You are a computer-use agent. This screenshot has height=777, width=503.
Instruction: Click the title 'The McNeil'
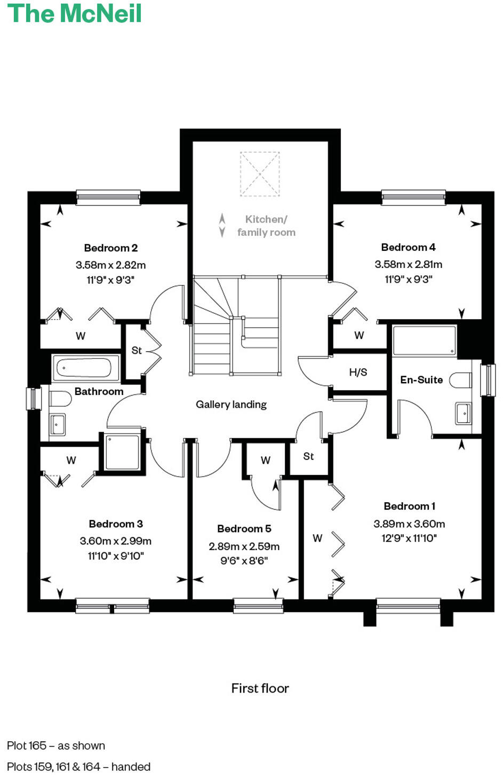75,13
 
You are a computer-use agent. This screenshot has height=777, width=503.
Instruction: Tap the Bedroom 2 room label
111,248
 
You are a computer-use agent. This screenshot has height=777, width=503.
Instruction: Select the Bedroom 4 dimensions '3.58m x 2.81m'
408,264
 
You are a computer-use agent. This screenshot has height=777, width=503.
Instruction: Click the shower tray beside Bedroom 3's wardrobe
123,453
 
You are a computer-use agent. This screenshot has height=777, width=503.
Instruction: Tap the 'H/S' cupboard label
358,372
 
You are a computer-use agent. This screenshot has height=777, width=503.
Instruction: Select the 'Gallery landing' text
231,405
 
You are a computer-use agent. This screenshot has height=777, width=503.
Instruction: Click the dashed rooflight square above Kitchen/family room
260,174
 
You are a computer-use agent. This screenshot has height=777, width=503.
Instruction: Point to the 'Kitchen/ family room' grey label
266,226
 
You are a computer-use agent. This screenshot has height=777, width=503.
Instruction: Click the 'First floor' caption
260,688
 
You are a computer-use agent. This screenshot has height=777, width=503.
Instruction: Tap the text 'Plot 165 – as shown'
56,746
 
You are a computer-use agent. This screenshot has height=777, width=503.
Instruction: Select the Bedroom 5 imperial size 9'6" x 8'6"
244,561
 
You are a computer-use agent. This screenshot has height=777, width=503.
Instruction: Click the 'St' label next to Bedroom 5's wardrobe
308,456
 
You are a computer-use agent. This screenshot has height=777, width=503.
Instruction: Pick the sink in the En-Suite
463,413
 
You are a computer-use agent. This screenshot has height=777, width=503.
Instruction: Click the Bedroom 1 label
409,506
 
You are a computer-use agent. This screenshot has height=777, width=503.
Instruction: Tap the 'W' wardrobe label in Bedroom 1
317,538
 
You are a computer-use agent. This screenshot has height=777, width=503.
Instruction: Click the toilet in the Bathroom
60,399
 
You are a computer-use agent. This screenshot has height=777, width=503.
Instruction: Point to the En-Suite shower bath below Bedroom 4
424,340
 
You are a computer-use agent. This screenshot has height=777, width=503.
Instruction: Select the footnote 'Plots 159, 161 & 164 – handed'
78,767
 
